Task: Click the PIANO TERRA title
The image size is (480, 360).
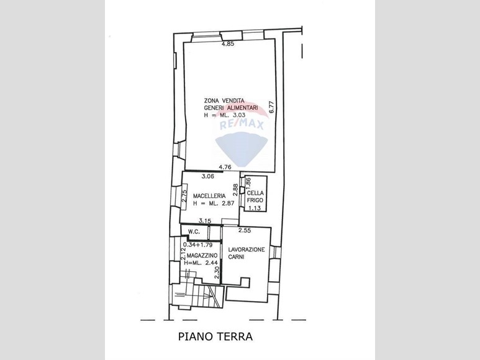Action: (215, 336)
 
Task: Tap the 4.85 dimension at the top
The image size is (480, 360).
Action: (228, 43)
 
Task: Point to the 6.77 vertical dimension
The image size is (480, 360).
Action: (271, 107)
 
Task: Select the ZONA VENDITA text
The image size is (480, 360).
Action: (224, 101)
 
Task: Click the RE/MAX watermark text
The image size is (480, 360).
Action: (242, 125)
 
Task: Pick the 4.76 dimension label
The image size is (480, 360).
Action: (225, 167)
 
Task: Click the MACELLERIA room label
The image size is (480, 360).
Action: (209, 196)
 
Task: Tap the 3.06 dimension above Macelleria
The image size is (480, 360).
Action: (207, 176)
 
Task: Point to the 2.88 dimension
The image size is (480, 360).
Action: (235, 190)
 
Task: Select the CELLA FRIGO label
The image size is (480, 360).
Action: (255, 197)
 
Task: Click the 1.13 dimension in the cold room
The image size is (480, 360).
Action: (254, 209)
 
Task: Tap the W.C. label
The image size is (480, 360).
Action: (194, 232)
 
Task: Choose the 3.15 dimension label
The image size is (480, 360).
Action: (205, 220)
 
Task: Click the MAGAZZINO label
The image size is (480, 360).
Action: (202, 255)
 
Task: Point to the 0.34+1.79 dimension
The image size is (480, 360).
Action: (197, 245)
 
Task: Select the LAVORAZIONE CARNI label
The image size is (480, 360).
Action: (247, 253)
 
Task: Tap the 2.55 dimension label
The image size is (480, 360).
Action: (245, 231)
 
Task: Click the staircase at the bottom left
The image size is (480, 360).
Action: (197, 295)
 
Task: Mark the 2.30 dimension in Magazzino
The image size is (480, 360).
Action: (217, 272)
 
